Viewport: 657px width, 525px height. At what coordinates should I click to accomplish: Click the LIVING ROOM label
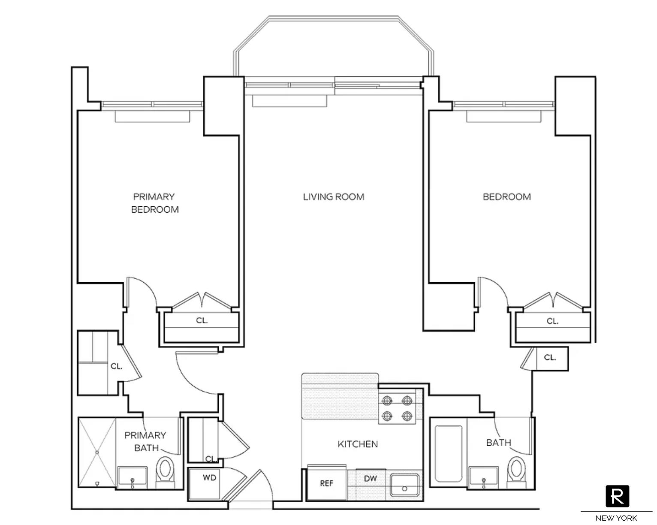click(333, 197)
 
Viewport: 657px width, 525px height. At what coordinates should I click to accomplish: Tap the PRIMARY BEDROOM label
click(154, 203)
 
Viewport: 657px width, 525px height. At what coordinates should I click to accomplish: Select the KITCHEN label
click(358, 444)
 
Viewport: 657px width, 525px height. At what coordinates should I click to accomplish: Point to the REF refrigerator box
click(326, 483)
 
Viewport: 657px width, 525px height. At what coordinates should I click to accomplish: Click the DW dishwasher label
click(370, 478)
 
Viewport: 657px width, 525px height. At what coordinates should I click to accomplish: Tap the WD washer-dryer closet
click(209, 478)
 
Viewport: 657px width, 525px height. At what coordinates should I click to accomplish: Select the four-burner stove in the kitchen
click(397, 408)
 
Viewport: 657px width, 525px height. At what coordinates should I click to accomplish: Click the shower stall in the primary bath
click(97, 452)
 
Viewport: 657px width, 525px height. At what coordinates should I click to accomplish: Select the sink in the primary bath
click(132, 477)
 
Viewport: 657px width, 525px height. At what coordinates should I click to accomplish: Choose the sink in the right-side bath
click(483, 477)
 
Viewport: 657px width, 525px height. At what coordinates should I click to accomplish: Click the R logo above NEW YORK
click(617, 496)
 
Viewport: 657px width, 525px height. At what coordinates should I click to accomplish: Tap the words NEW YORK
click(616, 518)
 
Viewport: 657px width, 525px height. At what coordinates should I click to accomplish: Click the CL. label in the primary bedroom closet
click(202, 320)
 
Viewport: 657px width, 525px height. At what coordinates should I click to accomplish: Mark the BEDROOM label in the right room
click(506, 197)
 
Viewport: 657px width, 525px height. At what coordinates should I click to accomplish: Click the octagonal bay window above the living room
click(334, 47)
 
